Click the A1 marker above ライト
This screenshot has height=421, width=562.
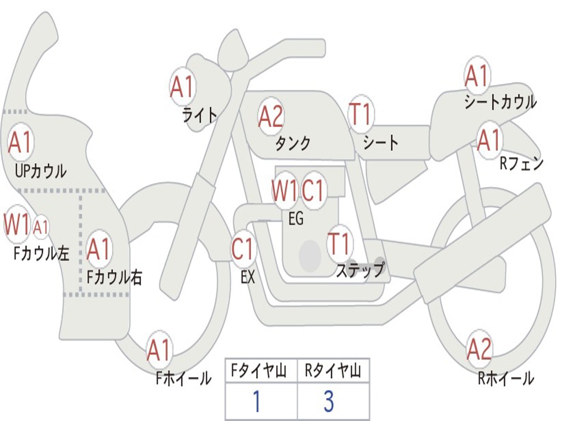[x=182, y=86]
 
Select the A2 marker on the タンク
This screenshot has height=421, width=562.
[x=271, y=116]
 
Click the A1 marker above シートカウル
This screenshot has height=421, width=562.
[x=476, y=76]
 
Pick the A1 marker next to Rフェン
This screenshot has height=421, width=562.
[x=488, y=140]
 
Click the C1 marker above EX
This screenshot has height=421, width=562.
[x=243, y=249]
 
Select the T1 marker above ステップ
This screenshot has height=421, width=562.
[x=339, y=243]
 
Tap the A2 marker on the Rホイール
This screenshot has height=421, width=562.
[x=479, y=349]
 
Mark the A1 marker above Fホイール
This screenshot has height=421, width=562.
[x=159, y=350]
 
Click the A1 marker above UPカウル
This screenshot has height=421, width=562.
[x=20, y=142]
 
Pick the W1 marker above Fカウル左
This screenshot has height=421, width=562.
[x=16, y=224]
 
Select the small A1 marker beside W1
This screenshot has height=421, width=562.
[x=41, y=226]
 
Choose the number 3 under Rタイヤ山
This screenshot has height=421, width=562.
[x=329, y=402]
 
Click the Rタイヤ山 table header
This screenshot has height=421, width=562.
[x=333, y=372]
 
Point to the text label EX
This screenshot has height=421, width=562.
[x=248, y=277]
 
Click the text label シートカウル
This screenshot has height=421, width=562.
[x=500, y=103]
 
